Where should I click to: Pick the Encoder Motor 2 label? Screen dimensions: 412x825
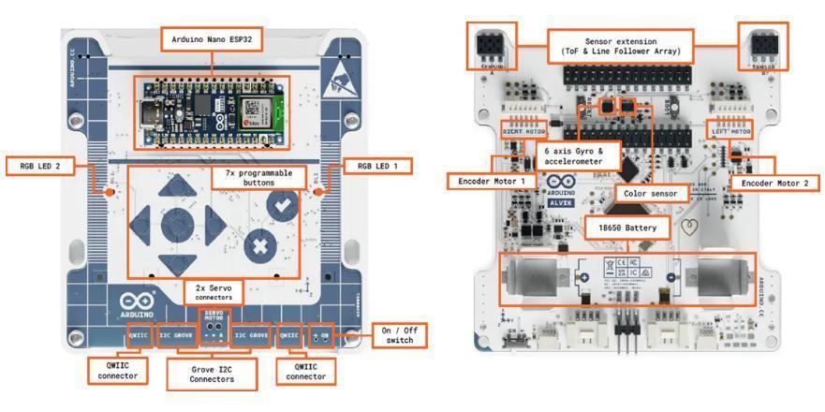[x=767, y=183]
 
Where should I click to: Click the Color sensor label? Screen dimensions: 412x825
[x=644, y=194]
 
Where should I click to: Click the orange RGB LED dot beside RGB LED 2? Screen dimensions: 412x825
[x=109, y=191]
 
